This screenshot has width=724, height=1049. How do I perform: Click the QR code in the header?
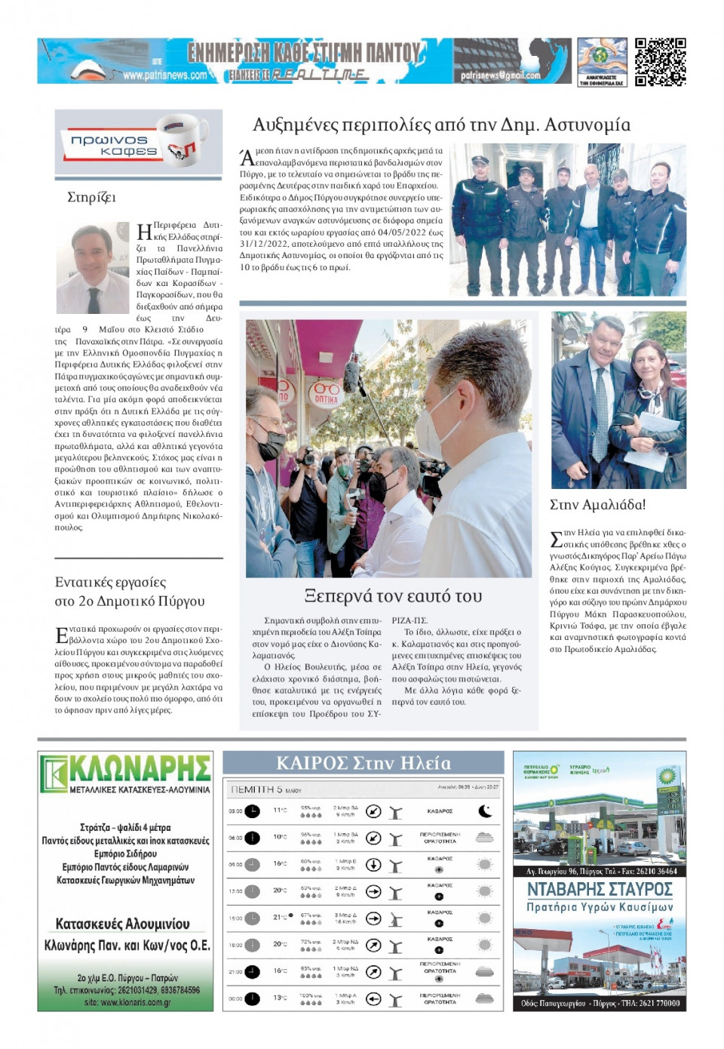[x=660, y=62]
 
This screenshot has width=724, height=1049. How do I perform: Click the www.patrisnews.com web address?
[x=164, y=75]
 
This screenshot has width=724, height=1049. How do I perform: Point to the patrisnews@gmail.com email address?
[x=501, y=75]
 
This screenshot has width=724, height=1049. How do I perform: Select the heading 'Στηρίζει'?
[x=91, y=198]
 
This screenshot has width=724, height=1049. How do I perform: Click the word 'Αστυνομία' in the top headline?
[x=587, y=125]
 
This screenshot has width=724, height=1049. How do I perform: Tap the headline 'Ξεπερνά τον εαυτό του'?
[x=393, y=596]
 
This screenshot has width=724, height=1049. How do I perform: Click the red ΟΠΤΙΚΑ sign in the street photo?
[x=326, y=392]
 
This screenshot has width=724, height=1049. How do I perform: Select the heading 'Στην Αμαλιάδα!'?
[x=597, y=505]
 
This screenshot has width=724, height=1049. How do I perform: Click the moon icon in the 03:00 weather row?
[x=485, y=811]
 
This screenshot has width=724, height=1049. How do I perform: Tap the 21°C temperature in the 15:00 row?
[x=280, y=918]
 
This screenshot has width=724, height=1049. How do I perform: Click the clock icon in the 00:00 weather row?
[x=252, y=998]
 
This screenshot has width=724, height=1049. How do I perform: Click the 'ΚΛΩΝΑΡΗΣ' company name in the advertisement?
[x=139, y=770]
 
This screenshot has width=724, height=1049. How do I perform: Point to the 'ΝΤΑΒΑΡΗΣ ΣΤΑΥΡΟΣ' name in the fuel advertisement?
[x=600, y=889]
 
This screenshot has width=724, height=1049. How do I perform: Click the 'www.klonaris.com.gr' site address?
[x=127, y=1002]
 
